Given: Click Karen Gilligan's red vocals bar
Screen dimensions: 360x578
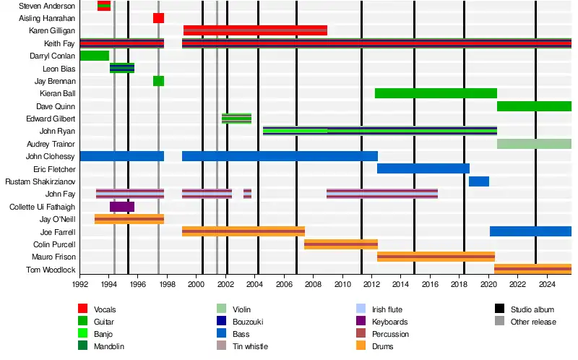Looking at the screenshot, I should click(x=255, y=30).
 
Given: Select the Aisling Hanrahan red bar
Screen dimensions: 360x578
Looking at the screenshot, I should click(x=158, y=18).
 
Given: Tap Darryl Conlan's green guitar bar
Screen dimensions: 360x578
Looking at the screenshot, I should click(x=95, y=56).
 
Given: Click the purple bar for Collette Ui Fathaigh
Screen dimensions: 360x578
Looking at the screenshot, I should click(x=122, y=207).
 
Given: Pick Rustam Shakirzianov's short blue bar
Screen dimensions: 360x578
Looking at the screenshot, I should click(x=479, y=181).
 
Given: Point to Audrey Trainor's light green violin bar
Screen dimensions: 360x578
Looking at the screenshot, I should click(x=534, y=144).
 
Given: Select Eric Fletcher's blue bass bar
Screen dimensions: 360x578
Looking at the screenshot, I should click(x=423, y=168).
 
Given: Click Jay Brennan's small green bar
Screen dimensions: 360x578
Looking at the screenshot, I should click(x=158, y=81).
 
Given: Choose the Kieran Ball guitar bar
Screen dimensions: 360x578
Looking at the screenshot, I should click(x=436, y=93).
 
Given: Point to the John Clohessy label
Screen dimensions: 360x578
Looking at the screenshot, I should click(x=51, y=156).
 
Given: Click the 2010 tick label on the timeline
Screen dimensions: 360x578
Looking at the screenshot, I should click(x=342, y=286).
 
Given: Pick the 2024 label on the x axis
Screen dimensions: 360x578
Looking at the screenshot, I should click(x=547, y=286).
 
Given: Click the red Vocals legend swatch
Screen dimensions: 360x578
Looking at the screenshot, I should click(x=83, y=309).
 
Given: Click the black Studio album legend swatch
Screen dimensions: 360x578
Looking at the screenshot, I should click(x=499, y=309).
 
